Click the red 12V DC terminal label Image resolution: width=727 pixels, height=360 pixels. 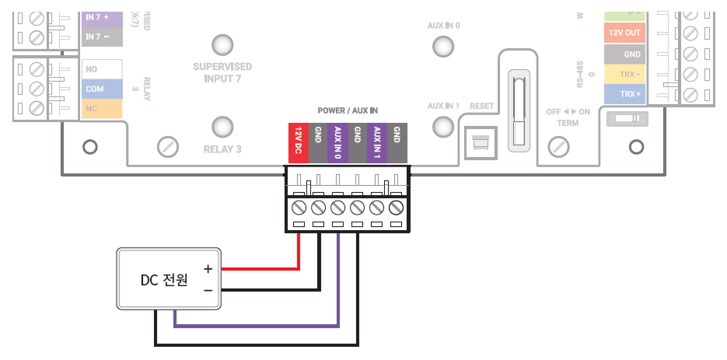(298, 143)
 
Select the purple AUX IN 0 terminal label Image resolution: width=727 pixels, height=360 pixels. (337, 143)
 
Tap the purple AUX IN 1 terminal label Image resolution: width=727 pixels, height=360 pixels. (377, 143)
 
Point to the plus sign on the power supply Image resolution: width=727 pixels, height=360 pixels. (208, 268)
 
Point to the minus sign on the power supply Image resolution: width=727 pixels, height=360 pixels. (208, 290)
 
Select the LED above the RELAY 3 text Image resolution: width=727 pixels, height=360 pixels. (223, 127)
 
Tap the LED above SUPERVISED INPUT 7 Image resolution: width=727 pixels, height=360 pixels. (223, 45)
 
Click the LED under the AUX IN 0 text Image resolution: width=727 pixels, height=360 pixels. (443, 45)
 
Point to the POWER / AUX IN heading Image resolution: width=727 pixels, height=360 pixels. (347, 111)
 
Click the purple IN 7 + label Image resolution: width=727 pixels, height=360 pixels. (103, 16)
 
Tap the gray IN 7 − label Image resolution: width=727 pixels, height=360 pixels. (103, 37)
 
